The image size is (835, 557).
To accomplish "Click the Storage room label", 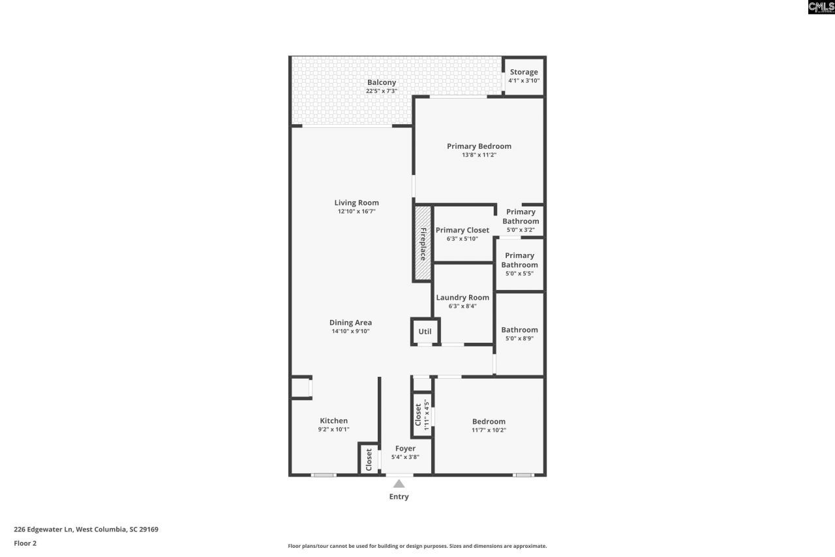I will click(x=524, y=72).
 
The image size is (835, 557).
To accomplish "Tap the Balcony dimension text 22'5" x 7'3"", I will click(x=381, y=91).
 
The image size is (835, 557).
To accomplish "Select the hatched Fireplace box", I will click(x=423, y=244).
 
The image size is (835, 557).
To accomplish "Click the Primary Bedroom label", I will click(x=479, y=146).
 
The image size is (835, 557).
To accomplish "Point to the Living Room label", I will click(x=356, y=202).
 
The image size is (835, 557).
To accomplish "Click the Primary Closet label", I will click(x=462, y=230).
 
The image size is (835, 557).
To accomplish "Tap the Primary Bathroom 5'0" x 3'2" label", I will click(x=520, y=221).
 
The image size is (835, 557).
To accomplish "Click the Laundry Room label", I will click(x=463, y=298).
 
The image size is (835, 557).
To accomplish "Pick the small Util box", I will click(x=425, y=331).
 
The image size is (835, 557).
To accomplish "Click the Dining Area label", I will click(x=350, y=323).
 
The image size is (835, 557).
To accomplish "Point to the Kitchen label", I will click(x=333, y=421).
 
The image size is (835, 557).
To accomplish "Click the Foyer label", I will click(x=405, y=449).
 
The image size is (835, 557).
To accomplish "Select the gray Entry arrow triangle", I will click(x=399, y=484).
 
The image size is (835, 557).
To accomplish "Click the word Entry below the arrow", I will click(x=399, y=497).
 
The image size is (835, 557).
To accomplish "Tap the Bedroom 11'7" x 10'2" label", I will click(x=489, y=422).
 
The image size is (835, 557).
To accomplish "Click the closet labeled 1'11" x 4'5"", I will click(x=421, y=415).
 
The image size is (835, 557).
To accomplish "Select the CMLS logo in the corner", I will click(x=821, y=7).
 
